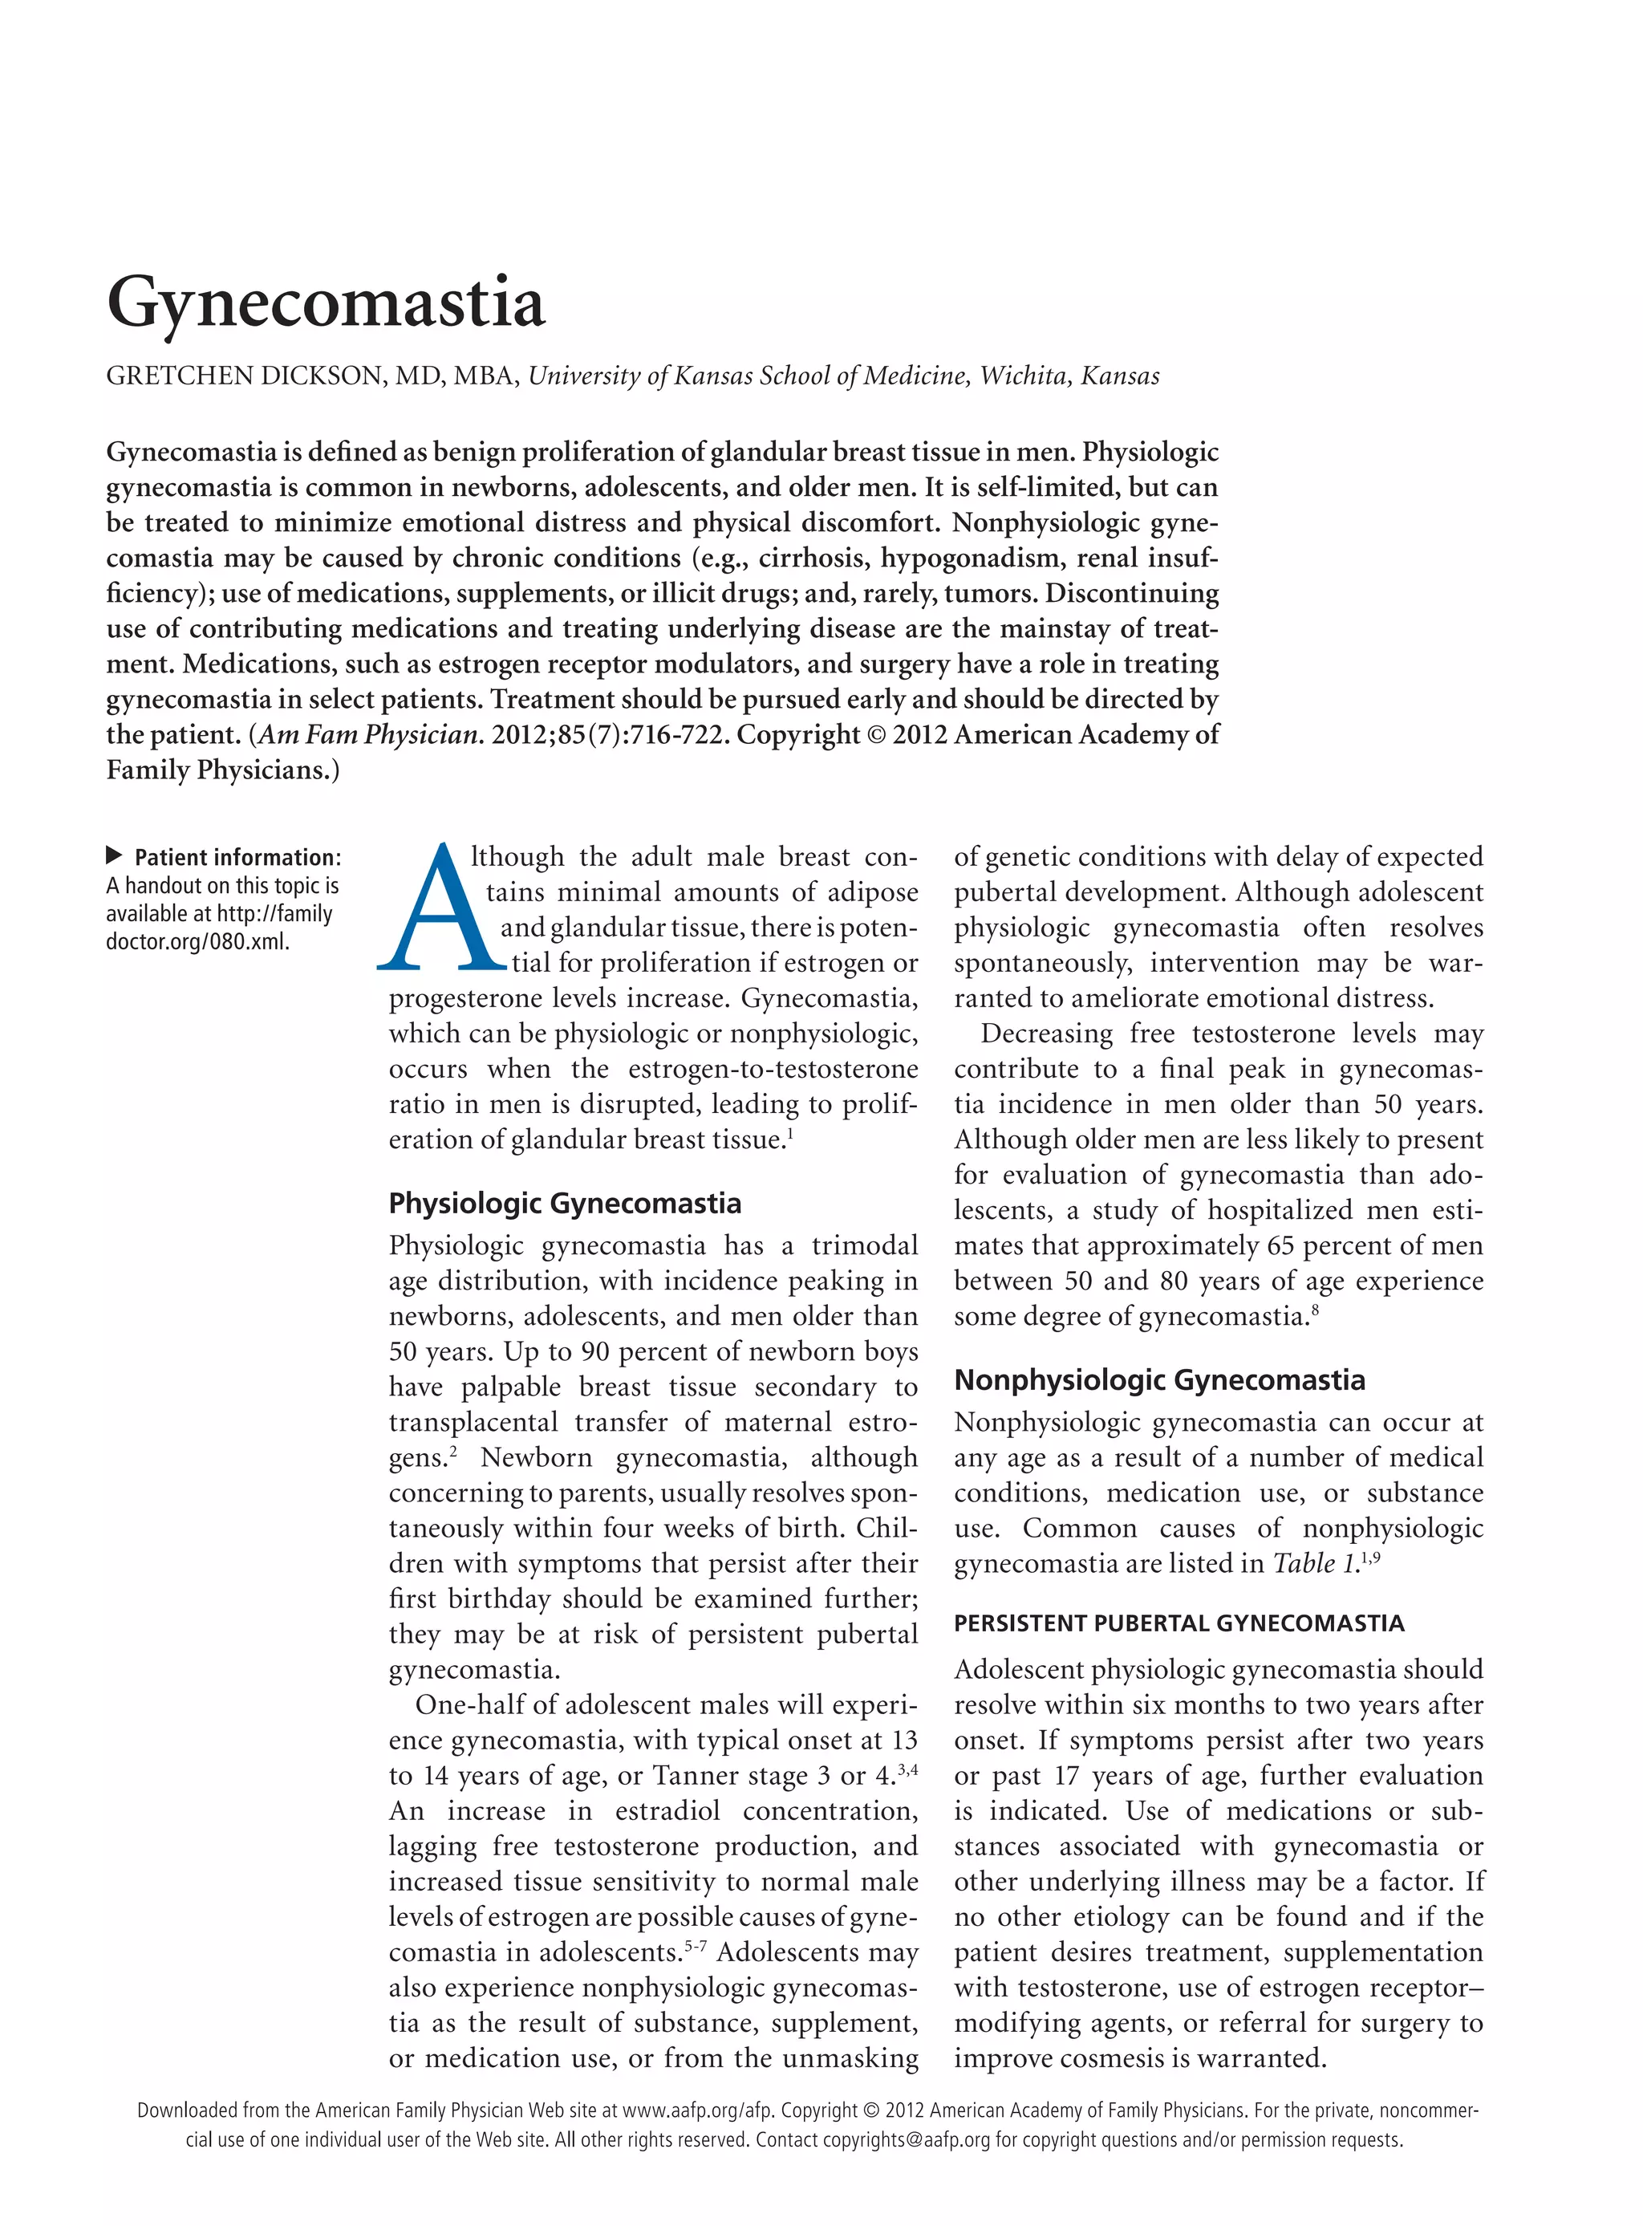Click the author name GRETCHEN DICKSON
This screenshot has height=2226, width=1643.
(x=244, y=376)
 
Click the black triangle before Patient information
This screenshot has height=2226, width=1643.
(x=115, y=855)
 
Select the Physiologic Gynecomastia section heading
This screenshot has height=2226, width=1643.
(x=564, y=1204)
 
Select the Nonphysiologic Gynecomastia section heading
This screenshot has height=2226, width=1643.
(x=1158, y=1379)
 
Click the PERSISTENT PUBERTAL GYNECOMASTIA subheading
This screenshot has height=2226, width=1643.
(x=1178, y=1623)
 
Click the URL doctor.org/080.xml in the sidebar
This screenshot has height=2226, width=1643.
(x=198, y=941)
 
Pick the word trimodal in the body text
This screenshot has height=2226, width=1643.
(x=864, y=1245)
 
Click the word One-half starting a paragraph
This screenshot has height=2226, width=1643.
(x=468, y=1705)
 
